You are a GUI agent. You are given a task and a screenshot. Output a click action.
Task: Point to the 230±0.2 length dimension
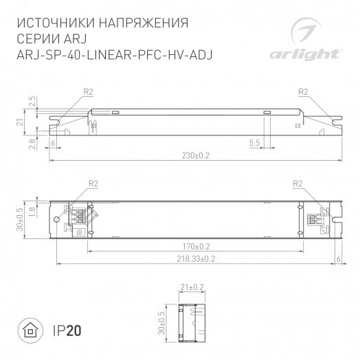pos(196,156)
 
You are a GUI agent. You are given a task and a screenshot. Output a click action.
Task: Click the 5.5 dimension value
pos(254,143)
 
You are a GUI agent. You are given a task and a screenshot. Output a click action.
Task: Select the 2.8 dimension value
pos(32,143)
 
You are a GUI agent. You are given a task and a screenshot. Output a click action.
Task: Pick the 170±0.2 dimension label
pos(196,246)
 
